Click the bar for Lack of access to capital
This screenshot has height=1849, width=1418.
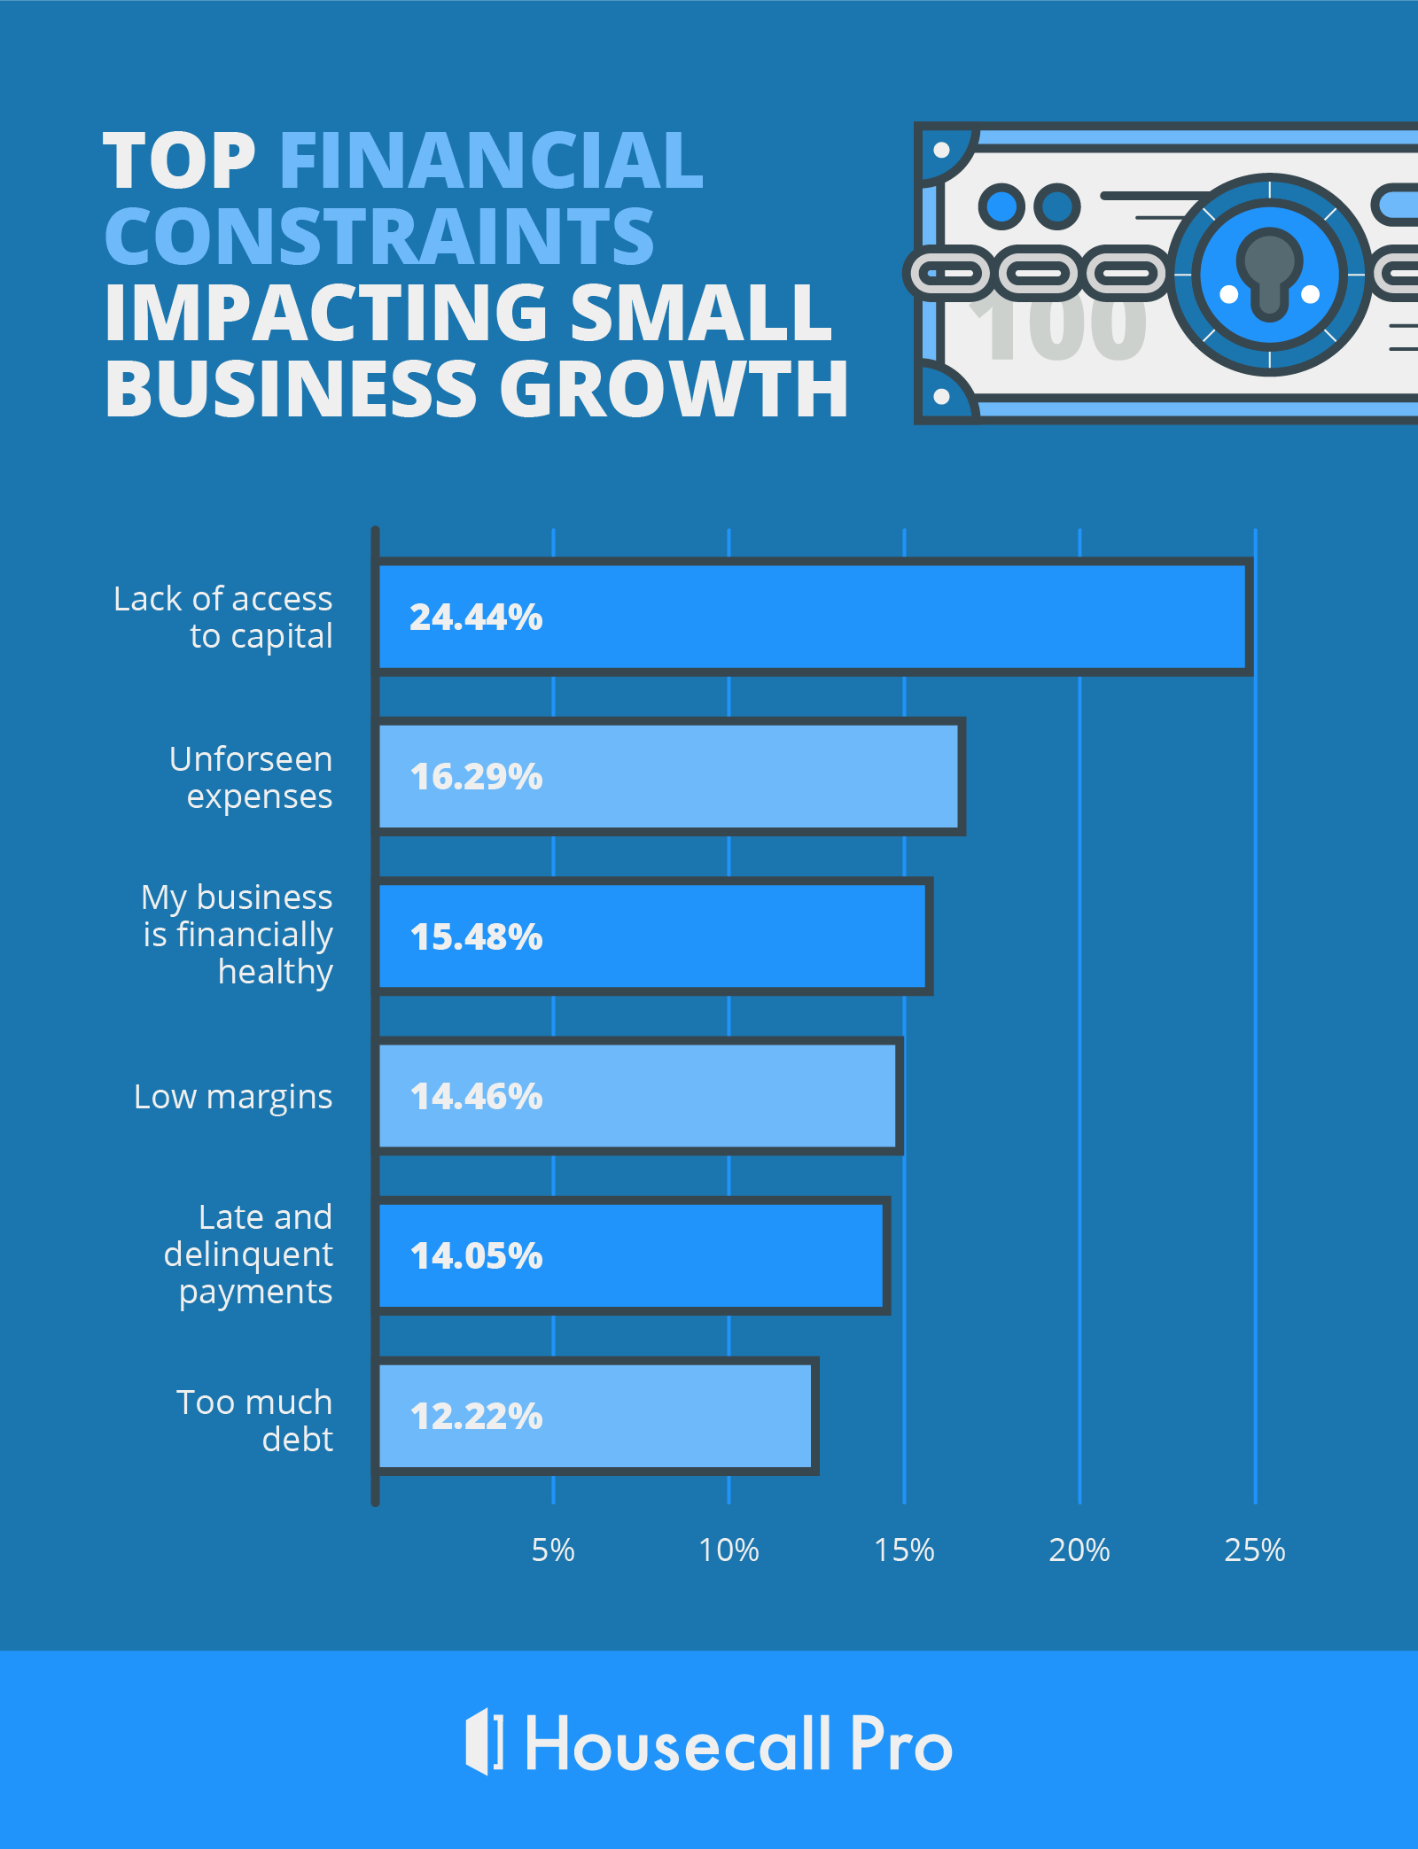[813, 618]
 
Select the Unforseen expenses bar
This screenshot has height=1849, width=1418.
[670, 777]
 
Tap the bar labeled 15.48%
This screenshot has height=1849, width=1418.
[654, 936]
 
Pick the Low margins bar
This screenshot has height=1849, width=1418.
[638, 1097]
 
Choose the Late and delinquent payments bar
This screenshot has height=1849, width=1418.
[633, 1255]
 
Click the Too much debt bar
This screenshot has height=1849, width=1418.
[596, 1416]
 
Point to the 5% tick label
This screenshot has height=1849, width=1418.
[553, 1550]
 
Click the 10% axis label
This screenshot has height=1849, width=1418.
[728, 1550]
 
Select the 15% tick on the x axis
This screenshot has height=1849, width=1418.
[904, 1550]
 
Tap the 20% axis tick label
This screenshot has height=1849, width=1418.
[1079, 1550]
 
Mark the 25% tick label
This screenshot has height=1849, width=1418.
[1255, 1550]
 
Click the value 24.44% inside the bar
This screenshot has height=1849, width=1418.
[476, 618]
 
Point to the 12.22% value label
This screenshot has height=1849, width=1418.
[476, 1416]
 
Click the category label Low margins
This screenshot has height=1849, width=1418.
[233, 1097]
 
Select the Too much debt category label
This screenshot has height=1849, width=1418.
[255, 1420]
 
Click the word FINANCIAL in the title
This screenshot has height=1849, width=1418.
[491, 160]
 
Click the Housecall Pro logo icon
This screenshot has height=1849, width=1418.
[484, 1742]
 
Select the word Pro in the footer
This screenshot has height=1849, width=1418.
[900, 1744]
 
